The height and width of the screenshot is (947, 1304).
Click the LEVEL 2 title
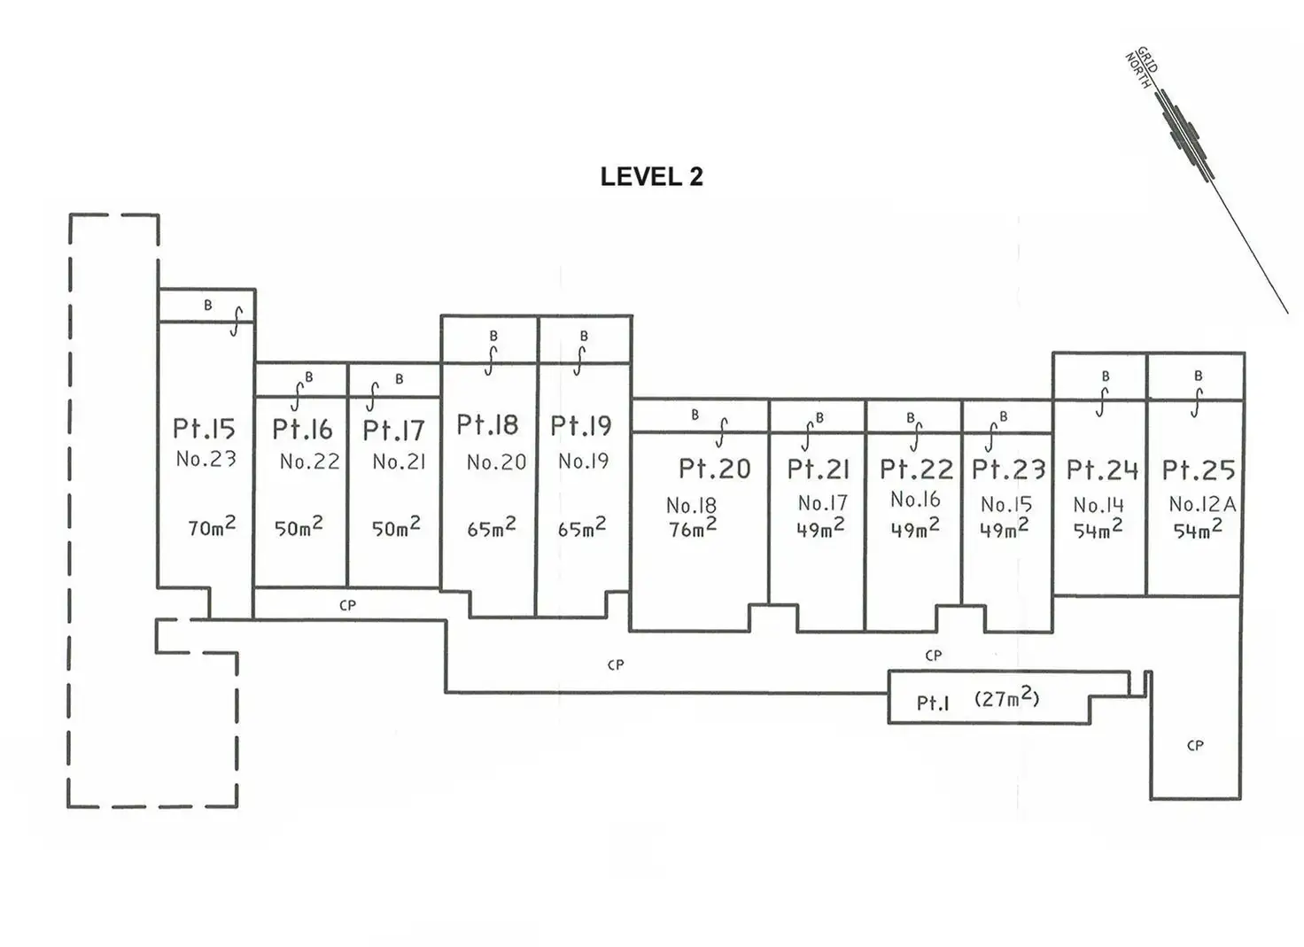tap(651, 176)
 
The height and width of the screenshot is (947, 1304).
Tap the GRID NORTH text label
tap(1141, 69)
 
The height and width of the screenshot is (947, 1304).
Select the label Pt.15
tap(205, 429)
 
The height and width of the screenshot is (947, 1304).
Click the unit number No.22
tap(309, 462)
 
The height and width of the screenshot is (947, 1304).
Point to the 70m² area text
tap(212, 526)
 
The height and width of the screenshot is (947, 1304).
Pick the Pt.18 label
tap(487, 424)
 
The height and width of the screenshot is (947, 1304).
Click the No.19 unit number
tap(583, 461)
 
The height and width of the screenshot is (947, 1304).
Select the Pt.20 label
tap(715, 469)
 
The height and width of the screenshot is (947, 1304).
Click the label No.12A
tap(1203, 504)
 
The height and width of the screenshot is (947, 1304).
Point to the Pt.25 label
tap(1199, 470)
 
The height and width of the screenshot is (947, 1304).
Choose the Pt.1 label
tap(933, 703)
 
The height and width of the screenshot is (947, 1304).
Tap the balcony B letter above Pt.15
tap(208, 305)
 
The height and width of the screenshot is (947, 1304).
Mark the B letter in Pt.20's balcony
tap(695, 415)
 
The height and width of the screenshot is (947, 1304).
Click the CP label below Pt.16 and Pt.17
tap(347, 605)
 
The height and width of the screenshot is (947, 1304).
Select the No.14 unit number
tap(1098, 505)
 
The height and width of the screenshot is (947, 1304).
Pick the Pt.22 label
tap(917, 470)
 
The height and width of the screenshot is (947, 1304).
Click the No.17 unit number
tap(823, 502)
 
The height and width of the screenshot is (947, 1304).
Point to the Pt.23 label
tap(1009, 470)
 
